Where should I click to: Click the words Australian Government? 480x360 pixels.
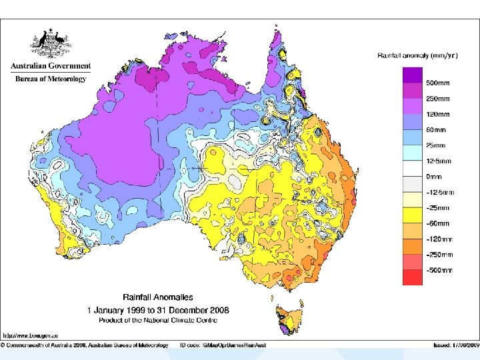pyautogui.click(x=51, y=67)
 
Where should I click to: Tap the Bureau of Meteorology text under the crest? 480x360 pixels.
pyautogui.click(x=51, y=79)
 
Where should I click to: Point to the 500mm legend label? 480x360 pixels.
pyautogui.click(x=437, y=83)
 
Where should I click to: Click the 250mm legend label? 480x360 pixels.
pyautogui.click(x=437, y=99)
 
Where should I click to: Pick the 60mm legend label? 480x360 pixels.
pyautogui.click(x=436, y=130)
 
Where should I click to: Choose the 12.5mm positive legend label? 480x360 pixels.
pyautogui.click(x=439, y=161)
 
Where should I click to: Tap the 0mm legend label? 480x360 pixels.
pyautogui.click(x=435, y=177)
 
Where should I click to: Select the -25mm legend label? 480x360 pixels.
pyautogui.click(x=437, y=208)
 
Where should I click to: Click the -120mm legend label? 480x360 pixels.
pyautogui.click(x=439, y=239)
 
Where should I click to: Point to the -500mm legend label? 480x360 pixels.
pyautogui.click(x=439, y=270)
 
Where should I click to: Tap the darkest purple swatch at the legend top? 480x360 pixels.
pyautogui.click(x=412, y=75)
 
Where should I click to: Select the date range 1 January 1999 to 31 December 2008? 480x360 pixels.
pyautogui.click(x=157, y=310)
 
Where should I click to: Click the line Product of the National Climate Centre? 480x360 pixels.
pyautogui.click(x=157, y=320)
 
